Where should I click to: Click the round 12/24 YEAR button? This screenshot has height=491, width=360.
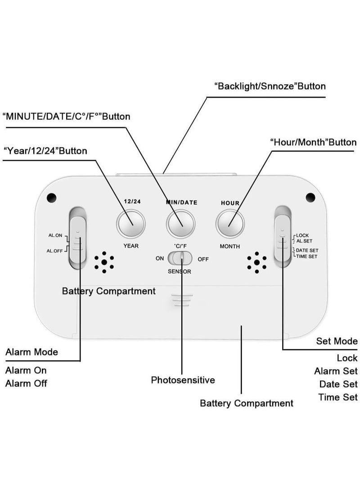[131, 223]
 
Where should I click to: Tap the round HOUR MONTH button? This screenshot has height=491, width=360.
[230, 223]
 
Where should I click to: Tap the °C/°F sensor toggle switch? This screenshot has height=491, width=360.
[180, 259]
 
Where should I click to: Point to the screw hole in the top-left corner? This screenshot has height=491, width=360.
[51, 197]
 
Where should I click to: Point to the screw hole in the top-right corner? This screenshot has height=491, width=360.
[310, 197]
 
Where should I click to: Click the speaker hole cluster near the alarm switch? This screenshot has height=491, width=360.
[104, 262]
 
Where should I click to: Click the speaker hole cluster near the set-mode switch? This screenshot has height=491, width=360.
[257, 262]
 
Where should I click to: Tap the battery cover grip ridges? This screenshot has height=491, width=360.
[182, 300]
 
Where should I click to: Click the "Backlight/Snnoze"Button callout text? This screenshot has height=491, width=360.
[270, 86]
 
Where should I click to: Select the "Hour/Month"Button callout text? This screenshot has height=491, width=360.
[313, 142]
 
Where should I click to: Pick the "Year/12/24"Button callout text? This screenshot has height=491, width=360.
[45, 151]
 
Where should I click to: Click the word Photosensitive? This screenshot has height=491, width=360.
[183, 380]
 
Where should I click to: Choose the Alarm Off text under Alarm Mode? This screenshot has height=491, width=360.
[26, 383]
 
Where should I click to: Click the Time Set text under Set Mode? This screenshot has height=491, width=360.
[338, 397]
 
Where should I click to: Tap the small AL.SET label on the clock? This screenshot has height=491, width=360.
[304, 241]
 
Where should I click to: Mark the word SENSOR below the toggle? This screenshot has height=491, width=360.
[180, 271]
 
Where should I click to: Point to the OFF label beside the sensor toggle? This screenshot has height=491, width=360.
[203, 259]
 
